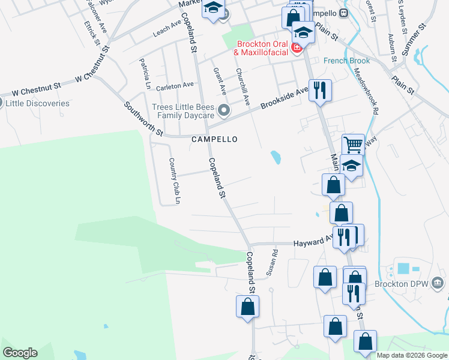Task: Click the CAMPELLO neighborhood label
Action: click(x=214, y=139)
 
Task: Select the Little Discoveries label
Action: click(x=37, y=103)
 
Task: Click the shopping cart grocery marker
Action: click(x=353, y=145)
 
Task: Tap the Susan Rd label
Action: click(x=273, y=262)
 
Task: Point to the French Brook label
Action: click(x=347, y=61)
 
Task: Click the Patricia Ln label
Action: click(x=144, y=73)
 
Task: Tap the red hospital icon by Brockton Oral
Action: click(x=296, y=48)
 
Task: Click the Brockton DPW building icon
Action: click(x=437, y=282)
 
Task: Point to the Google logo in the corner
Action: click(x=20, y=353)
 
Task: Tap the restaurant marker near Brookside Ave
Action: click(x=319, y=91)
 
